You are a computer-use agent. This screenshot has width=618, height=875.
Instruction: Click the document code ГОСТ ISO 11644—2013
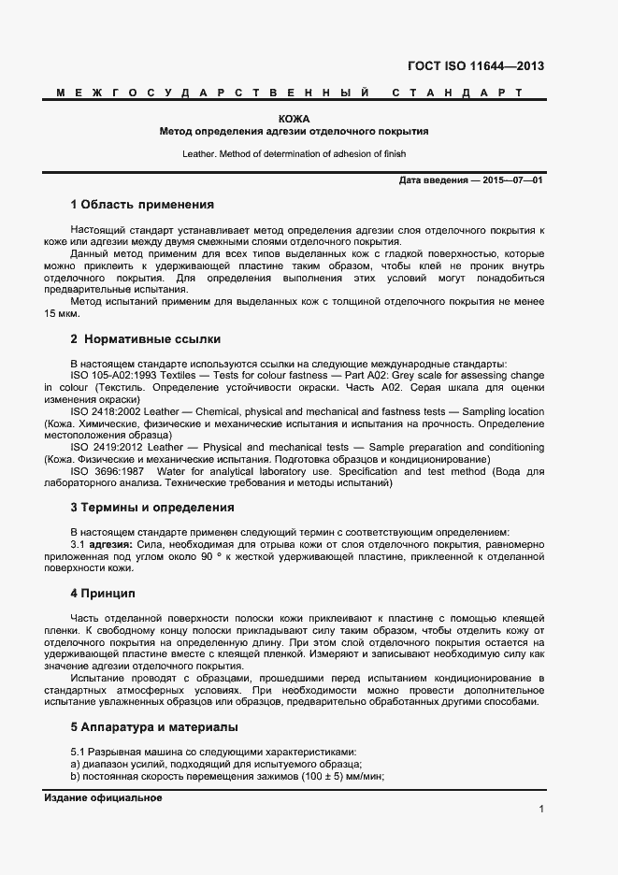pyautogui.click(x=475, y=66)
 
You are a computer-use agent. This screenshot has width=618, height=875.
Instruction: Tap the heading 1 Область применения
pyautogui.click(x=142, y=204)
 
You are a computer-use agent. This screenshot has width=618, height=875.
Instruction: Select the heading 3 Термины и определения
pyautogui.click(x=151, y=508)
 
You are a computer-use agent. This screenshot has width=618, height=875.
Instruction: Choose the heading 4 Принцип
pyautogui.click(x=103, y=594)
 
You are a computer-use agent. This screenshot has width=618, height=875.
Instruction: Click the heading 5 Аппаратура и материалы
pyautogui.click(x=153, y=726)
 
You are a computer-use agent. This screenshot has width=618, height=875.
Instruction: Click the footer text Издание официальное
pyautogui.click(x=103, y=797)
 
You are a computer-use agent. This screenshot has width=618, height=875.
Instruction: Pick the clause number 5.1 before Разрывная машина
pyautogui.click(x=79, y=752)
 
